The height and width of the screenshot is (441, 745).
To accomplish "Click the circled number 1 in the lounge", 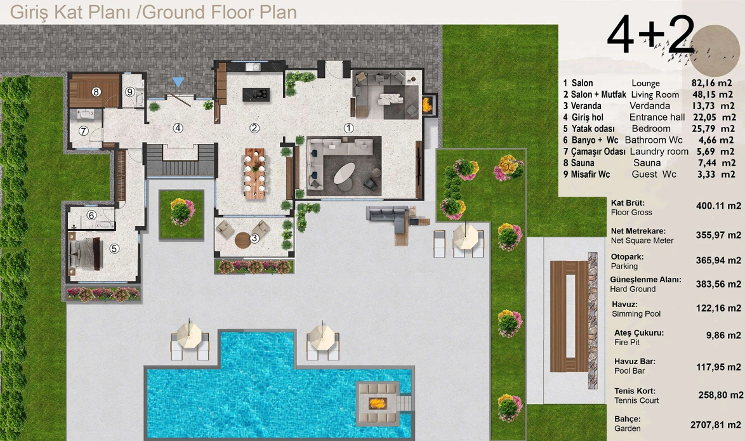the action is click(x=349, y=128).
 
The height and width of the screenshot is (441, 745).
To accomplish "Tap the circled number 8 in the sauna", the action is click(x=96, y=92).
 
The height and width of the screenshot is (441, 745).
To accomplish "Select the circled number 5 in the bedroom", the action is click(x=114, y=249).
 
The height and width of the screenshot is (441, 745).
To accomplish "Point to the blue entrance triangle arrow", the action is click(x=178, y=82).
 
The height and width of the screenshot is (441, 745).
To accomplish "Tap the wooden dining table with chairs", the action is click(x=255, y=173).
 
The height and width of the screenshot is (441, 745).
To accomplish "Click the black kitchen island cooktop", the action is click(x=256, y=95).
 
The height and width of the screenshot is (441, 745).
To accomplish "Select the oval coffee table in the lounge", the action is click(x=344, y=173).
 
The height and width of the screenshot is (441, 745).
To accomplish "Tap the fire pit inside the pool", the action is click(x=378, y=404).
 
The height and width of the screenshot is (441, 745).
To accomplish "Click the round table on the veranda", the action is click(x=244, y=240).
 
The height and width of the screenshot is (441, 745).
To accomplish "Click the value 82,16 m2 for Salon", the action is click(x=712, y=83).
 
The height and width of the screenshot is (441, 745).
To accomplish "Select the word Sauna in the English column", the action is click(x=647, y=163).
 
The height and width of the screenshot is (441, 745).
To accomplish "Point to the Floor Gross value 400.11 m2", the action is click(x=718, y=206).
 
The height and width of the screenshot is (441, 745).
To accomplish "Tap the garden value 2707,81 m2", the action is click(x=716, y=425).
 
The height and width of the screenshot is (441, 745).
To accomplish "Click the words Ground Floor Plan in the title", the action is click(x=220, y=12).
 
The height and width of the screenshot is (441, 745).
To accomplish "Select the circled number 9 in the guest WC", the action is click(x=129, y=92).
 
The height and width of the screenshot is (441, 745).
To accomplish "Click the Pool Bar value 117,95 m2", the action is click(x=718, y=367).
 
